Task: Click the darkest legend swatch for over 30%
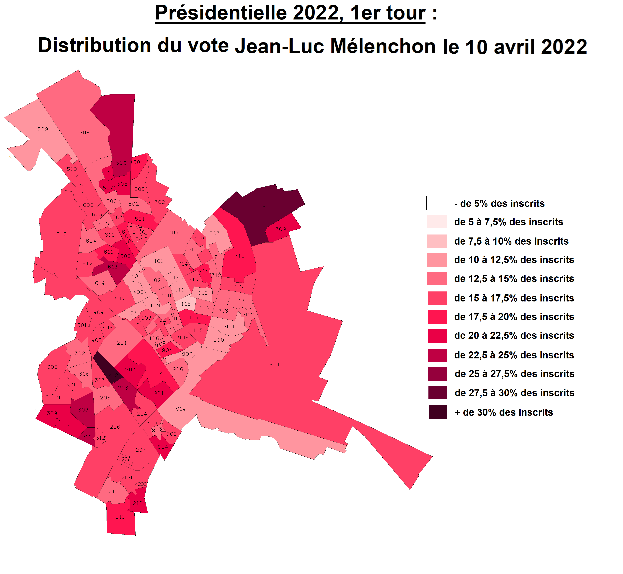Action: coord(438,412)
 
